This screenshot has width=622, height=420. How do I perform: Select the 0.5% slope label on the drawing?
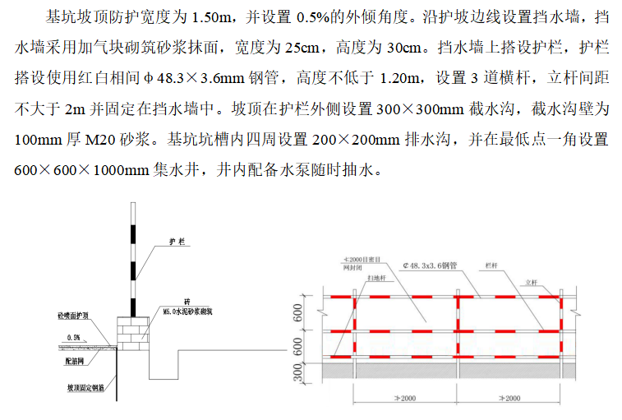74,337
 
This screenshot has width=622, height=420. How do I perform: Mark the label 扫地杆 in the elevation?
380,279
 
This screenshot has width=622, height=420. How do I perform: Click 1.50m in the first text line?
216,16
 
